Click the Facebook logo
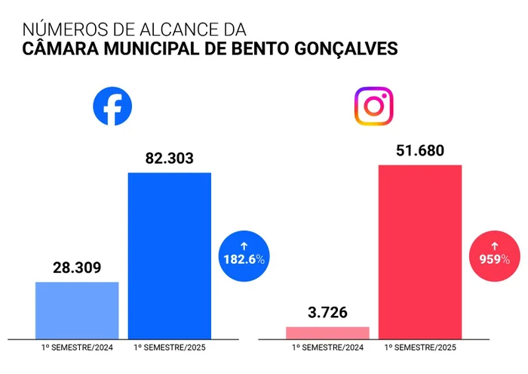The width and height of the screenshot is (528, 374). pyautogui.click(x=112, y=107)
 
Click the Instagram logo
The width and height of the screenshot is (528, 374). pyautogui.click(x=373, y=107)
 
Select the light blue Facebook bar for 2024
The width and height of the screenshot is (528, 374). pyautogui.click(x=77, y=310)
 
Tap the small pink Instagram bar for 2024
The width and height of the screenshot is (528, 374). pyautogui.click(x=328, y=332)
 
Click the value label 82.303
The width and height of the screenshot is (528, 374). pyautogui.click(x=169, y=159)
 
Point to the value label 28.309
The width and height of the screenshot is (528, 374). pyautogui.click(x=77, y=268)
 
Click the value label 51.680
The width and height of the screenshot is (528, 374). pyautogui.click(x=419, y=150)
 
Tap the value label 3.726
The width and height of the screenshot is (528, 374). pyautogui.click(x=328, y=312)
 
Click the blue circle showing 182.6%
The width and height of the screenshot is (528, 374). pyautogui.click(x=243, y=254)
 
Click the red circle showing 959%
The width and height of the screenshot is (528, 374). pyautogui.click(x=494, y=254)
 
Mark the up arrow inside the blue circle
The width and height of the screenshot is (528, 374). pyautogui.click(x=243, y=245)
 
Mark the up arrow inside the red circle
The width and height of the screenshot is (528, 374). pyautogui.click(x=494, y=245)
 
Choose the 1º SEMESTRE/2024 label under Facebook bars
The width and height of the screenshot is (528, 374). pyautogui.click(x=77, y=348)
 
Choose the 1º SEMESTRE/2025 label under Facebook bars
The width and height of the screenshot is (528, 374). pyautogui.click(x=169, y=348)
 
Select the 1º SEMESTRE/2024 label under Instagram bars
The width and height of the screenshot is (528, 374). pyautogui.click(x=328, y=348)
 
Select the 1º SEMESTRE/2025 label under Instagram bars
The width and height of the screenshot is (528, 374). pyautogui.click(x=420, y=348)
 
